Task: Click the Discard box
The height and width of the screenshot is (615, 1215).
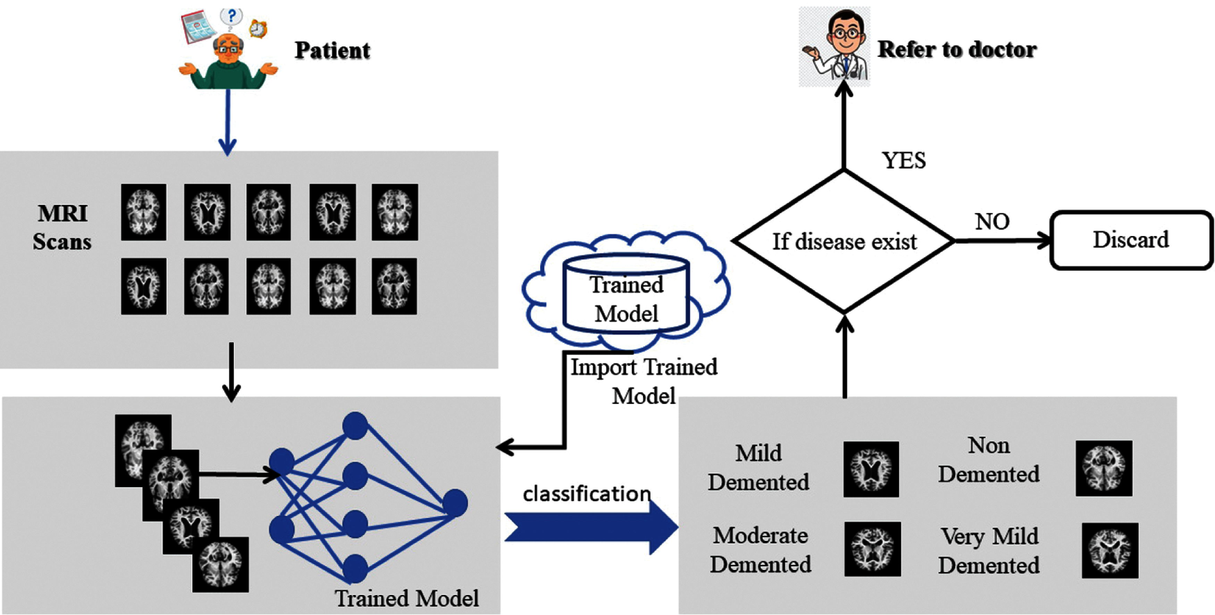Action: coord(1131,240)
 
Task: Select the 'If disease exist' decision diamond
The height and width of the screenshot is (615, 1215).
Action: coord(844,241)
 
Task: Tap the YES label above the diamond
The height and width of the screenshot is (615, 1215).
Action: coord(904,160)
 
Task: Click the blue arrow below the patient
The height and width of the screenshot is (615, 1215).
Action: coord(228,122)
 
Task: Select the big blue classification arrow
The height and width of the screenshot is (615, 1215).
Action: coord(592,527)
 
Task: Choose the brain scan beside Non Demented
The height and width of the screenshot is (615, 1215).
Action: coord(1104,468)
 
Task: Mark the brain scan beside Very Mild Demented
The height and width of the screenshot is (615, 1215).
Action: coord(1110,550)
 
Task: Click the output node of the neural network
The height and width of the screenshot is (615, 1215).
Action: coord(455,503)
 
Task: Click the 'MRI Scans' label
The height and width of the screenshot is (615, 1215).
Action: coord(62,227)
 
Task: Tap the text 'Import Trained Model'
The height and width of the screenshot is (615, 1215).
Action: coord(644,381)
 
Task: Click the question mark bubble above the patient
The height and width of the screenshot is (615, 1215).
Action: coord(231,17)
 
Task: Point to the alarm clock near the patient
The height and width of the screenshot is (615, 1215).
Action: coord(258,28)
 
